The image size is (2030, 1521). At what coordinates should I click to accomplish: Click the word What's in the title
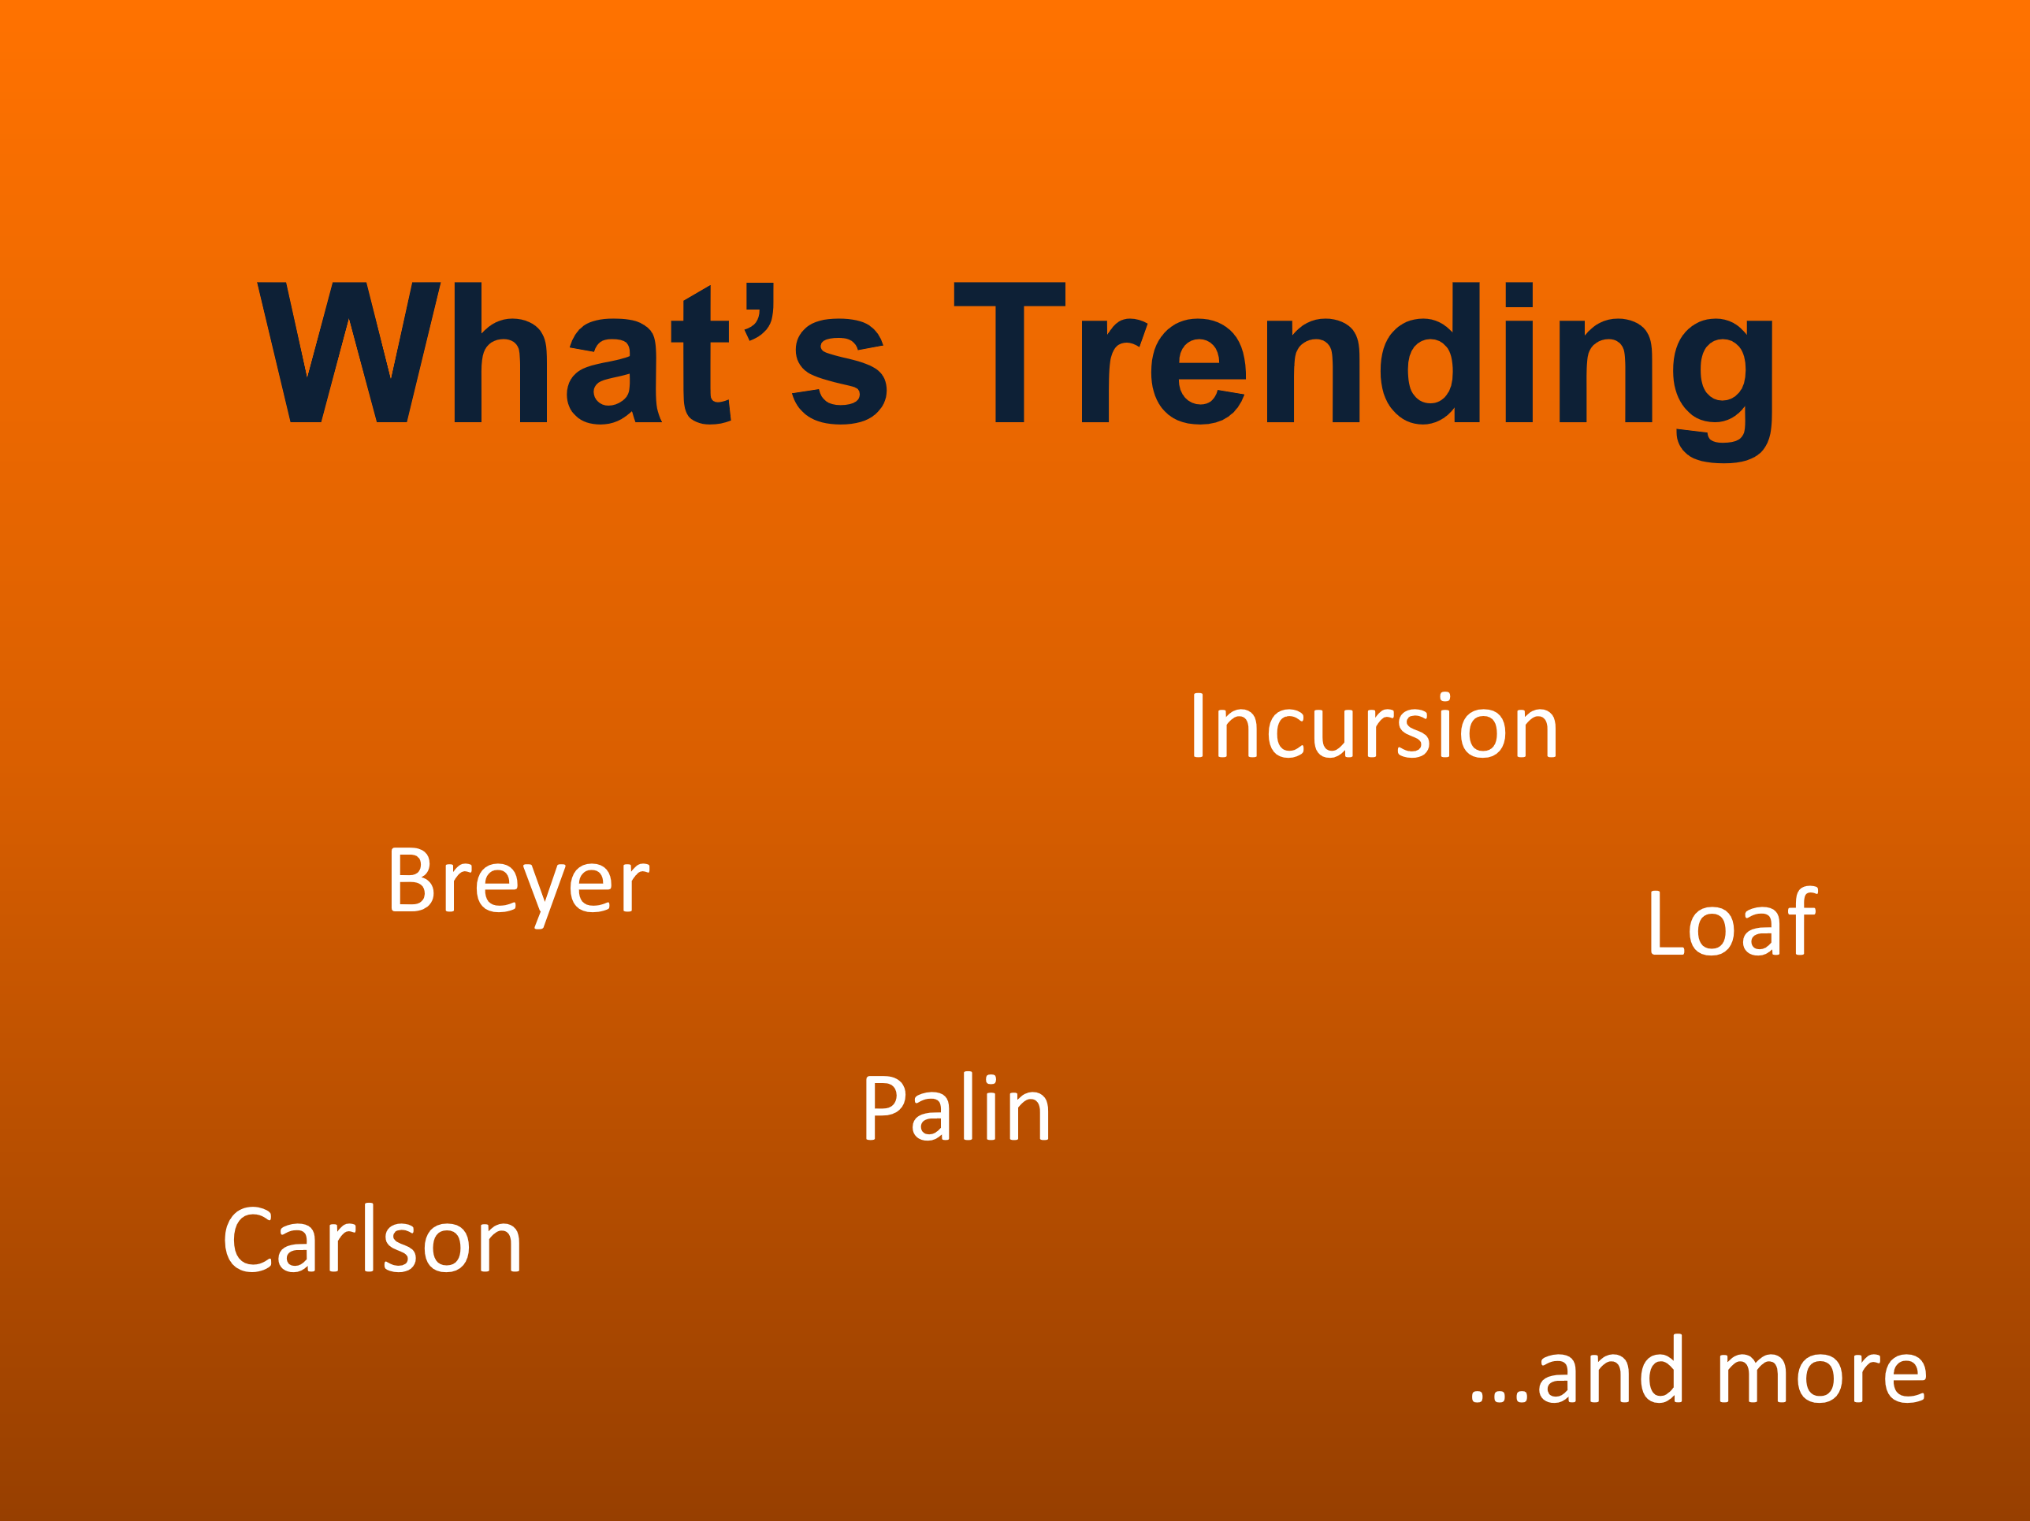pyautogui.click(x=572, y=352)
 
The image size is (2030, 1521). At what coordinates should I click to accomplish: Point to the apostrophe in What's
pyautogui.click(x=759, y=311)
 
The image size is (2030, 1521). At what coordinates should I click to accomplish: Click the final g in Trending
pyautogui.click(x=1723, y=391)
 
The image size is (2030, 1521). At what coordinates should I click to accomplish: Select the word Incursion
pyautogui.click(x=1375, y=725)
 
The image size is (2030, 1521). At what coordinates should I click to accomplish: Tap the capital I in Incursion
pyautogui.click(x=1199, y=725)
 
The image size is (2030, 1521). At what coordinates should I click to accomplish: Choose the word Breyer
pyautogui.click(x=519, y=886)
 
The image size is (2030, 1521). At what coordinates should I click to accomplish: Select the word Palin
pyautogui.click(x=956, y=1107)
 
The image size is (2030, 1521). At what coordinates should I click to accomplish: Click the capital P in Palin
pyautogui.click(x=886, y=1107)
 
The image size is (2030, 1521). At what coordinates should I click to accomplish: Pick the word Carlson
pyautogui.click(x=373, y=1237)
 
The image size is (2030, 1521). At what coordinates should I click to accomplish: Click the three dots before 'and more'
pyautogui.click(x=1499, y=1397)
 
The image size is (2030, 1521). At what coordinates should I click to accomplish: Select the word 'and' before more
pyautogui.click(x=1610, y=1368)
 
